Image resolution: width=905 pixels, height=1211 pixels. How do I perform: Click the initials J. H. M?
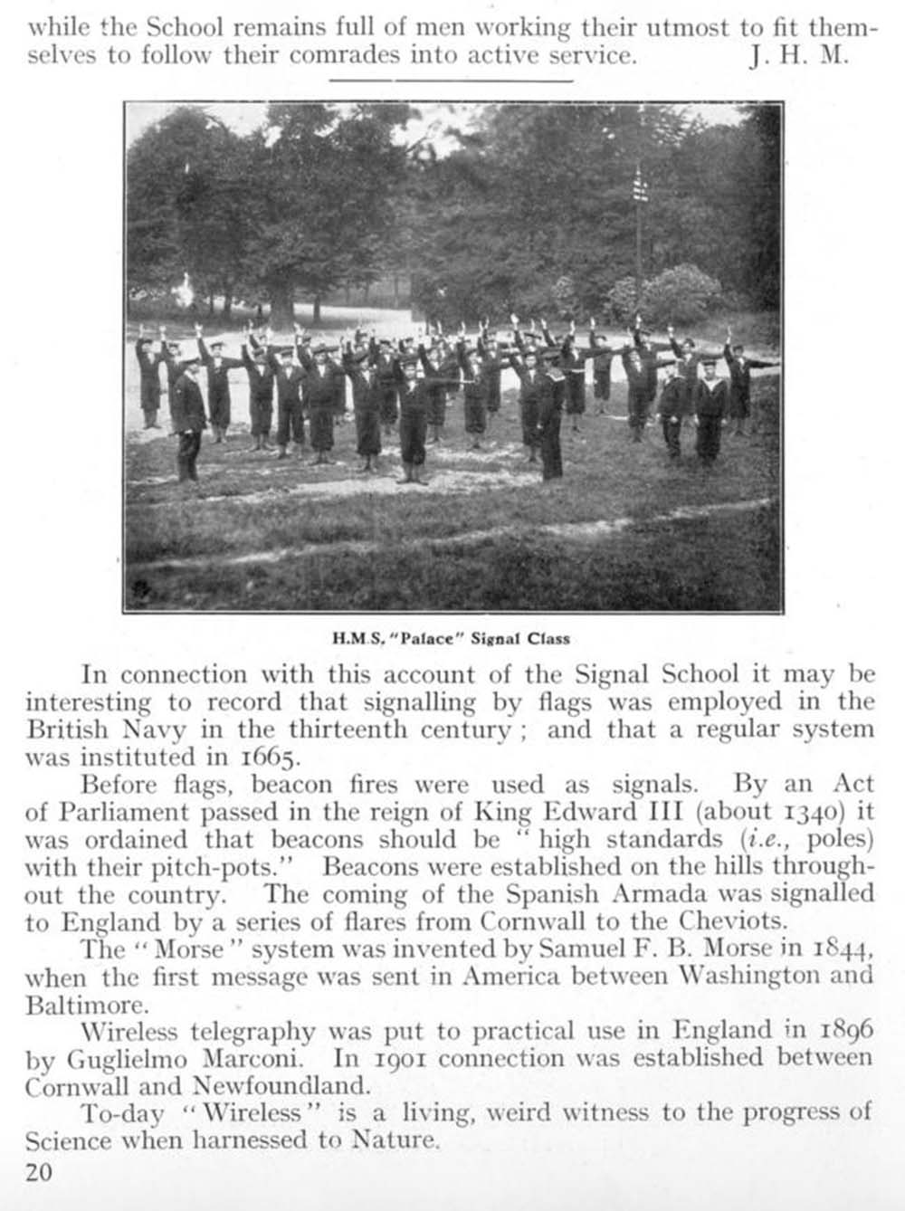pos(799,56)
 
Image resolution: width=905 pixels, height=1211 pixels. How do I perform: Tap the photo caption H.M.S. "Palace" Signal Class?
pos(452,638)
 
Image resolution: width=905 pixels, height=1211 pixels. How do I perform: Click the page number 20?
pos(39,1173)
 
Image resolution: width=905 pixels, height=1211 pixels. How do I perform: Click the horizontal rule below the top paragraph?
pos(452,81)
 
